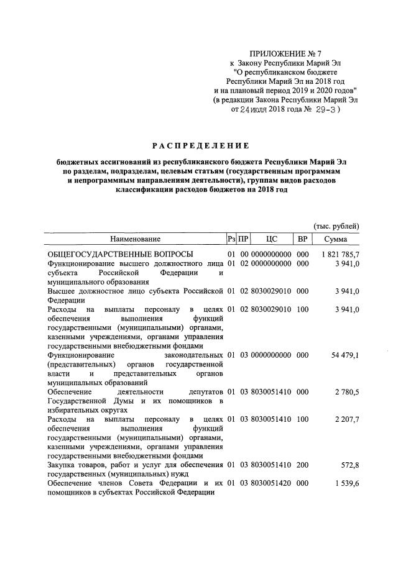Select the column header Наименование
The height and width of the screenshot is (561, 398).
135,239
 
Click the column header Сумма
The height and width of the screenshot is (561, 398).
336,239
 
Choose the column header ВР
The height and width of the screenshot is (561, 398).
303,239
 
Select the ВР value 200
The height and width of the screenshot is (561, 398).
303,465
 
